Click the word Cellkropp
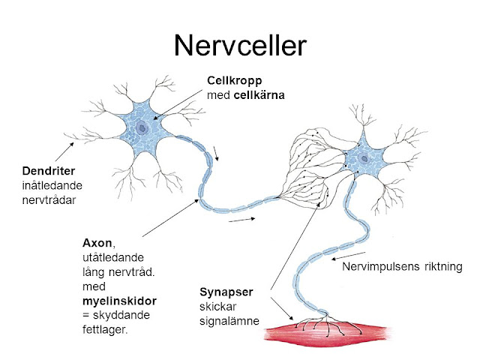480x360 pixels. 231,81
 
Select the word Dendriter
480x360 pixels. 46,172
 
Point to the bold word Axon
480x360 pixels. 96,242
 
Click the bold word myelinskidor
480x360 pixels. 114,300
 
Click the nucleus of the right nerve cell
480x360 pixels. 363,158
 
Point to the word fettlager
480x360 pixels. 104,328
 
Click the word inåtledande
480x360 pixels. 52,185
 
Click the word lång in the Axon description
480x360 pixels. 94,271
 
